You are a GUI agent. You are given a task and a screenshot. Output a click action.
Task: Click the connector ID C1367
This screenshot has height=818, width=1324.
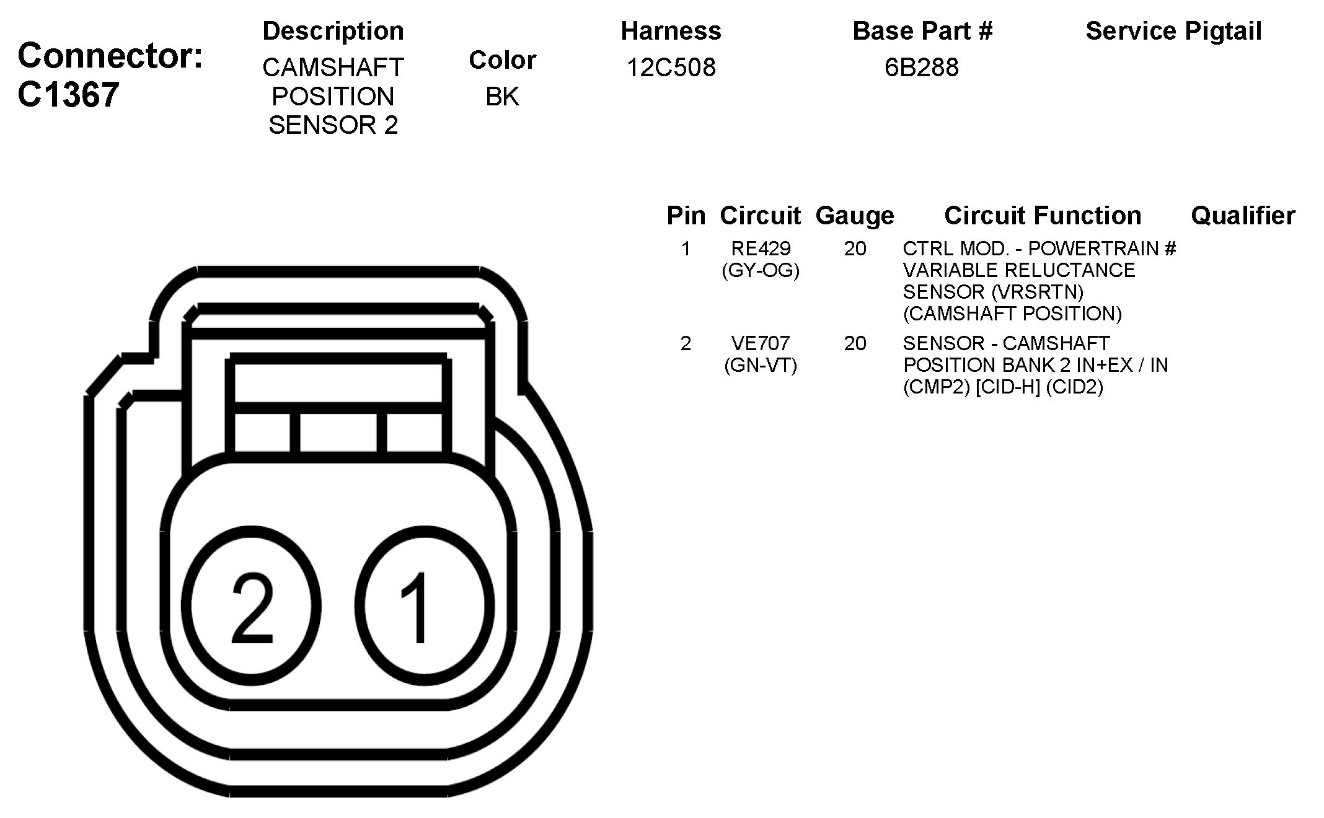(68, 95)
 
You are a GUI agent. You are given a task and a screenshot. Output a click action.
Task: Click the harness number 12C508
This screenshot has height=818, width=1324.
(671, 67)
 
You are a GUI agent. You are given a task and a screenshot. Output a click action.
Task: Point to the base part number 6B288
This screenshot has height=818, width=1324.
(921, 67)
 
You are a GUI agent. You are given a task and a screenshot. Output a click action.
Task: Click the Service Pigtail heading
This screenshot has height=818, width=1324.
(1173, 31)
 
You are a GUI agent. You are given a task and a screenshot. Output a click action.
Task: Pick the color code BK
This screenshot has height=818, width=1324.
(502, 96)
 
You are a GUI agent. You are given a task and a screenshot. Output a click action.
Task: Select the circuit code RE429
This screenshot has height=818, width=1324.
(761, 248)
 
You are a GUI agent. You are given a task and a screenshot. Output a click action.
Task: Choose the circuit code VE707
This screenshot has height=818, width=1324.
(761, 343)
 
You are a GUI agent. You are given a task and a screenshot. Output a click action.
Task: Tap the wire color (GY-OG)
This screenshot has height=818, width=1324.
(761, 270)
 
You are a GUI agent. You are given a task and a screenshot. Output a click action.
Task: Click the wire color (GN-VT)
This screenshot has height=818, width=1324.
(761, 365)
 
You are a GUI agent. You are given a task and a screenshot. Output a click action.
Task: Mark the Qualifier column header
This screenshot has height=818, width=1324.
(1243, 216)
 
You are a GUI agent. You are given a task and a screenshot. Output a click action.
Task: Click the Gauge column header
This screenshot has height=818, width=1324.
(855, 216)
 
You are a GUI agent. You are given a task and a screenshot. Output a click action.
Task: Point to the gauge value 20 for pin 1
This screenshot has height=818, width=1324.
(855, 248)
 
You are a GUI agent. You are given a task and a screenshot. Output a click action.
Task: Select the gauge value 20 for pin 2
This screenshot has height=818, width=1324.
(855, 343)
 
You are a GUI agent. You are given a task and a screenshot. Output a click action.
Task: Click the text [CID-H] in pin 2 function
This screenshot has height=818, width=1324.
(1007, 387)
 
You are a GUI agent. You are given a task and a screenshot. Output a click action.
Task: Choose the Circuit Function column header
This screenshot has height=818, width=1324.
(1043, 216)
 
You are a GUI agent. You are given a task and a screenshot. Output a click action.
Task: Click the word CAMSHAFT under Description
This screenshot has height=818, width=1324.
(333, 67)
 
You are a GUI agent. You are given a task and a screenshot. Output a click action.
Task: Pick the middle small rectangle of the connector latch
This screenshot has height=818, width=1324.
(338, 433)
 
